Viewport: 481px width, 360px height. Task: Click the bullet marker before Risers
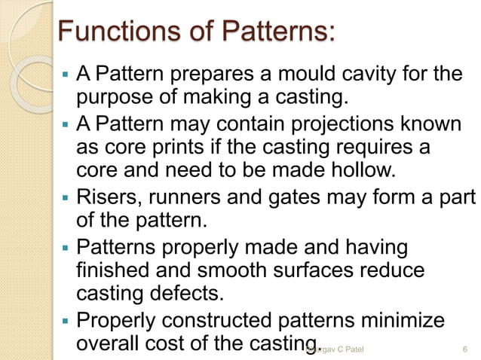[66, 199]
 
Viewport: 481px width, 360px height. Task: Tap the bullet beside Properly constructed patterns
[66, 322]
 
